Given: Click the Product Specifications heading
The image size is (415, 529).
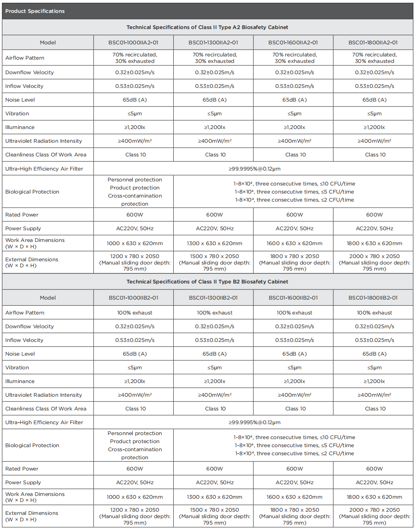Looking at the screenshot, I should [x=35, y=11].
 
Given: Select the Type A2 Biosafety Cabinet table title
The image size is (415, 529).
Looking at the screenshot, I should [x=207, y=27].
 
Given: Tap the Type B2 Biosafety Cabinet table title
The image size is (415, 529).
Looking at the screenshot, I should [x=207, y=281].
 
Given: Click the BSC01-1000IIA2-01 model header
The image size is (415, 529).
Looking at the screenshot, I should [x=133, y=42].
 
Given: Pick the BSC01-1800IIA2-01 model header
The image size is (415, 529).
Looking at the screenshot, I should [x=373, y=42].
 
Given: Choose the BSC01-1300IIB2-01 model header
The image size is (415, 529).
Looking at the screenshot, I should [x=213, y=298].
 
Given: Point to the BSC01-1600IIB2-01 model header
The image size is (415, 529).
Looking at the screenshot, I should [x=293, y=298].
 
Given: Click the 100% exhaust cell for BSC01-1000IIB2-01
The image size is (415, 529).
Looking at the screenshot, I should [x=135, y=312].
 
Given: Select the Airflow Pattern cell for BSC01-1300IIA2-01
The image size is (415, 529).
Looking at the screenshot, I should [x=215, y=58].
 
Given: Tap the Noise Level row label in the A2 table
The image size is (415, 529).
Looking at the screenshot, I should [x=20, y=100].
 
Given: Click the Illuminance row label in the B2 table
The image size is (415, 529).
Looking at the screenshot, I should [x=20, y=381].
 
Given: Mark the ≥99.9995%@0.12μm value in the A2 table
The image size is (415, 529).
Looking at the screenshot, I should [x=254, y=169].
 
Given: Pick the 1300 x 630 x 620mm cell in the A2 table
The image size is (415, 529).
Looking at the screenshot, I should [x=215, y=243].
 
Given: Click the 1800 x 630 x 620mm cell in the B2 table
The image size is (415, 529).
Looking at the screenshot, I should [x=374, y=497].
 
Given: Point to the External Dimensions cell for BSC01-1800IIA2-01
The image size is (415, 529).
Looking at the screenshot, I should [x=374, y=262].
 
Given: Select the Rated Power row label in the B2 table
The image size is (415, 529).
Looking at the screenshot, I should [x=22, y=469].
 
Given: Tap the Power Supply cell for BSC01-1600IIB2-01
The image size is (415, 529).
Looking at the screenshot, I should [x=295, y=482].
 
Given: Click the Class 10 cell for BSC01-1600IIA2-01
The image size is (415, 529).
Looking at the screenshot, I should [x=295, y=154].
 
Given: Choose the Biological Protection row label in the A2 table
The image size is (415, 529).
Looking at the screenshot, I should [x=32, y=192].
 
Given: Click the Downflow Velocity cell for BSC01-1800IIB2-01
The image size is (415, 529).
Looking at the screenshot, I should [x=374, y=326].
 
